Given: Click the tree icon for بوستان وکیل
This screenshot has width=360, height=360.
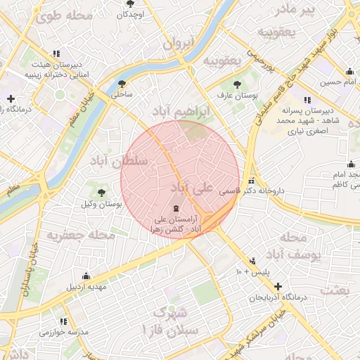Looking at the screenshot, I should (101, 192).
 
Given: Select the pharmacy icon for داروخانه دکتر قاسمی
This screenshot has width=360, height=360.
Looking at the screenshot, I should (252, 181).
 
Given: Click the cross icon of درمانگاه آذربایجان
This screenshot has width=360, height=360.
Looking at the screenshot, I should (278, 287).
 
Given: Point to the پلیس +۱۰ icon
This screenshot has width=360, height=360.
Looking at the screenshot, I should (252, 260).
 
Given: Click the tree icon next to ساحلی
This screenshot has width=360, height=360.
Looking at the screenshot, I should (122, 83).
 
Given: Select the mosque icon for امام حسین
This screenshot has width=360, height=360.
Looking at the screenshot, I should (349, 71).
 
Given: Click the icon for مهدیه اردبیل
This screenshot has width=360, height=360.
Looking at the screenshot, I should (86, 276).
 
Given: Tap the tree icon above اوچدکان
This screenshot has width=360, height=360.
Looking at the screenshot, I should (130, 4).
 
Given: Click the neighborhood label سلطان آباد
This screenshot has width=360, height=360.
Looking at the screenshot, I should (119, 160).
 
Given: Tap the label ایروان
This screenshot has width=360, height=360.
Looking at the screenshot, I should (178, 43).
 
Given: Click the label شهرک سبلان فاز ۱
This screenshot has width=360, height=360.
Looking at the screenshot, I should (169, 319).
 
